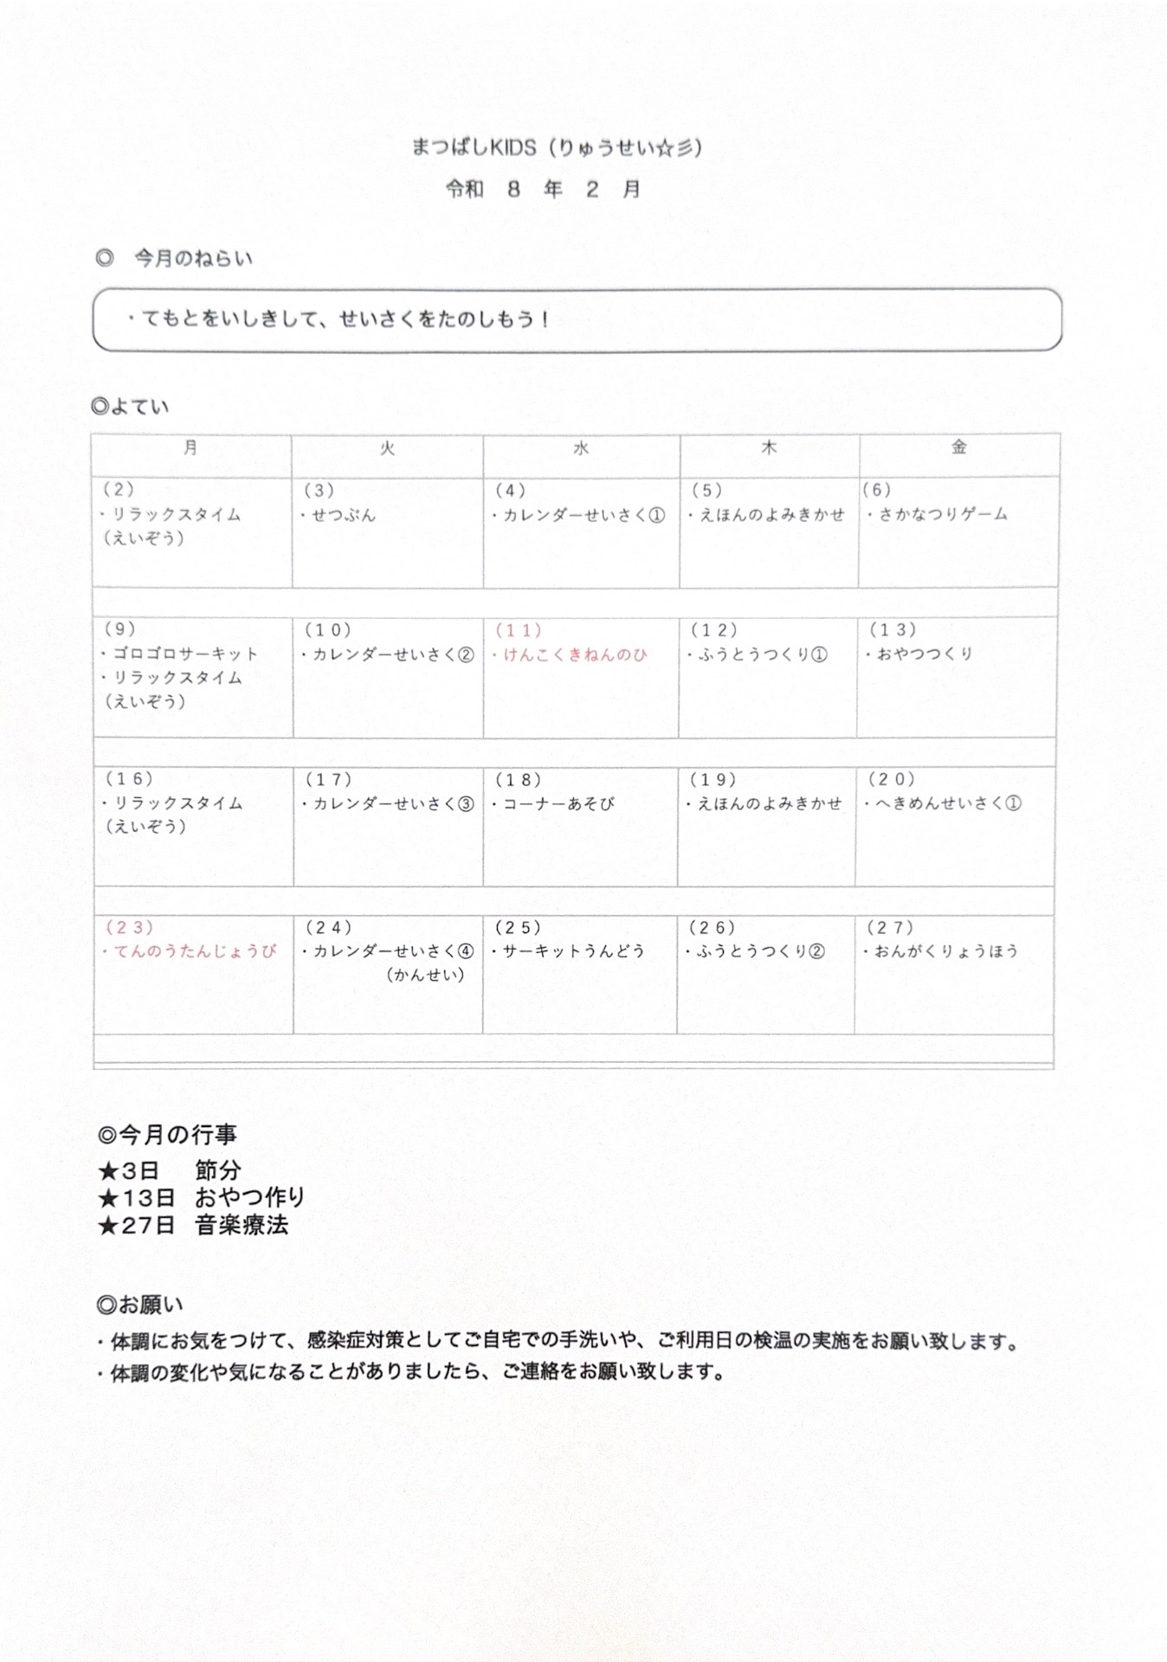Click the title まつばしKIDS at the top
474,148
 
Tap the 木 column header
769,448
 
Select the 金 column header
958,447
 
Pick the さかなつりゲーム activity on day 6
943,514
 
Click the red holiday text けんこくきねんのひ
575,654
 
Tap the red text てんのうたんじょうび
195,951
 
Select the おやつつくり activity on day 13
925,654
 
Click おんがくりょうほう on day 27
945,950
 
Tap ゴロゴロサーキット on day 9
185,654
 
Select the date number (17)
328,779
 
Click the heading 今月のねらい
192,258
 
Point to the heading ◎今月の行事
167,1134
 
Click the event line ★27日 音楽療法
193,1225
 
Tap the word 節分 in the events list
217,1170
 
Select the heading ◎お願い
140,1304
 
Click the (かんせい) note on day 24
425,975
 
